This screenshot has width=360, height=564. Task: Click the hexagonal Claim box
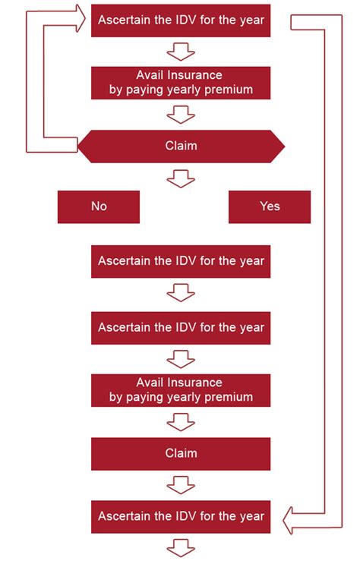(181, 147)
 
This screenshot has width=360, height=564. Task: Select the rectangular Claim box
(181, 454)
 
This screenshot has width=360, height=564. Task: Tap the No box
(99, 206)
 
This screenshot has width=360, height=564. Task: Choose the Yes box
(270, 206)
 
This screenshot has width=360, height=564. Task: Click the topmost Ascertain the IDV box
(181, 20)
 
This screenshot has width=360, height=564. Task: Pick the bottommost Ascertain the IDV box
(181, 516)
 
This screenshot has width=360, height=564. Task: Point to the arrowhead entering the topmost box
(80, 19)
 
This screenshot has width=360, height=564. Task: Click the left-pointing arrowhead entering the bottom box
(289, 521)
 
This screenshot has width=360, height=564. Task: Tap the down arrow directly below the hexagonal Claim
(181, 178)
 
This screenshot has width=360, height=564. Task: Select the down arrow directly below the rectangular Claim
(181, 485)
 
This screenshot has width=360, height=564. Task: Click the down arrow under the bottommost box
(181, 547)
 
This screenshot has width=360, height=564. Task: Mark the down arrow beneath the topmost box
(181, 52)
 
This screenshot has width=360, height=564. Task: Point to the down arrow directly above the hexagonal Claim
(181, 115)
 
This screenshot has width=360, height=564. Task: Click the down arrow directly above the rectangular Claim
(181, 422)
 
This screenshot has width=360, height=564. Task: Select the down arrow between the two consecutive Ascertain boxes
(181, 293)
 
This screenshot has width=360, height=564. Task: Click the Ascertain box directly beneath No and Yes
(181, 261)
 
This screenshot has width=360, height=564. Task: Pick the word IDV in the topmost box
(187, 20)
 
